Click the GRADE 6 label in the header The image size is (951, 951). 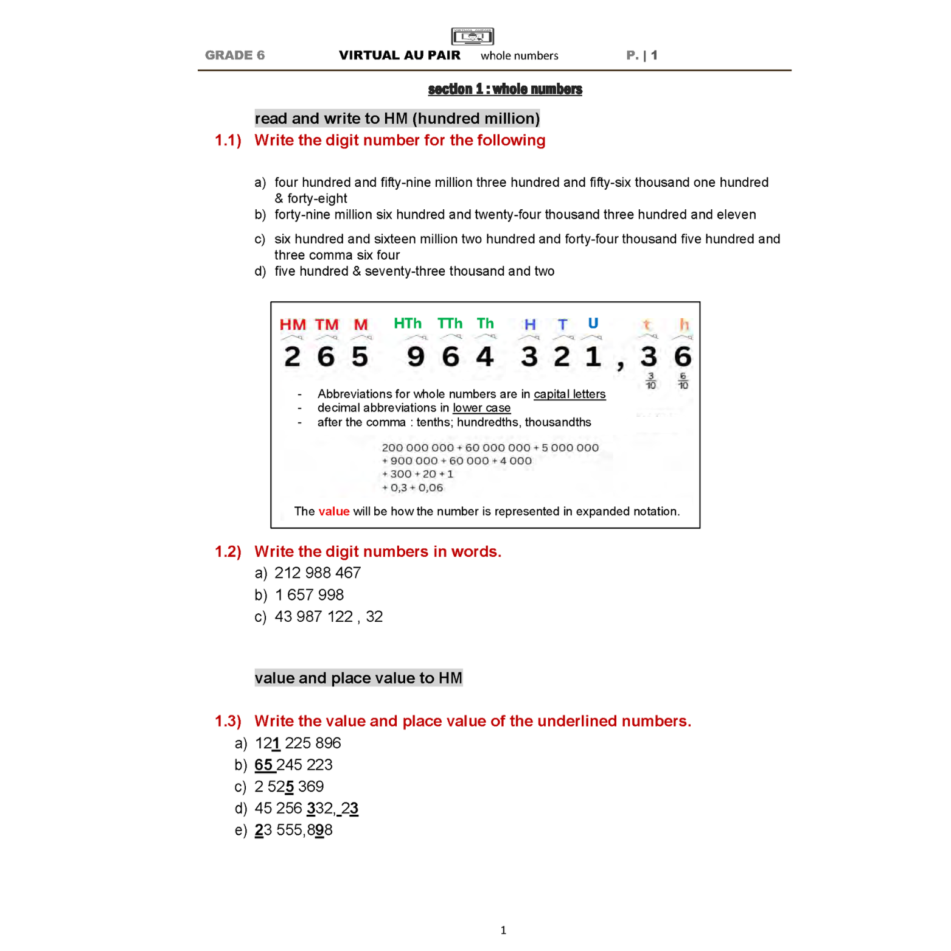click(234, 55)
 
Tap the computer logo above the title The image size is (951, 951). click(472, 37)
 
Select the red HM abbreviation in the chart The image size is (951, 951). click(293, 324)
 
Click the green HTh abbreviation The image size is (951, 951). click(408, 323)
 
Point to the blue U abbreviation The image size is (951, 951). click(593, 323)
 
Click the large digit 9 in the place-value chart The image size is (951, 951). click(416, 357)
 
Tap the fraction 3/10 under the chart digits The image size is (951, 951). click(650, 381)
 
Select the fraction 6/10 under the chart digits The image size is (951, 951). click(683, 381)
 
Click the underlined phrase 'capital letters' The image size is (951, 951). click(570, 394)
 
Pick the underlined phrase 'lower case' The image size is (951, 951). click(481, 408)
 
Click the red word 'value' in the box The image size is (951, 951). click(334, 512)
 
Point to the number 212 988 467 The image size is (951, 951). click(318, 573)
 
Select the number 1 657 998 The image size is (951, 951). click(309, 595)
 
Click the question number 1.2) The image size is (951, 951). click(228, 552)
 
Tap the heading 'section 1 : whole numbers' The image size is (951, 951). click(505, 89)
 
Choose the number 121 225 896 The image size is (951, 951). click(298, 744)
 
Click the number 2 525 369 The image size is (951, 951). click(289, 787)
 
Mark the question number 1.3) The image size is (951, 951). click(228, 722)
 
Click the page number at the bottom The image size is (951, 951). click(503, 930)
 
